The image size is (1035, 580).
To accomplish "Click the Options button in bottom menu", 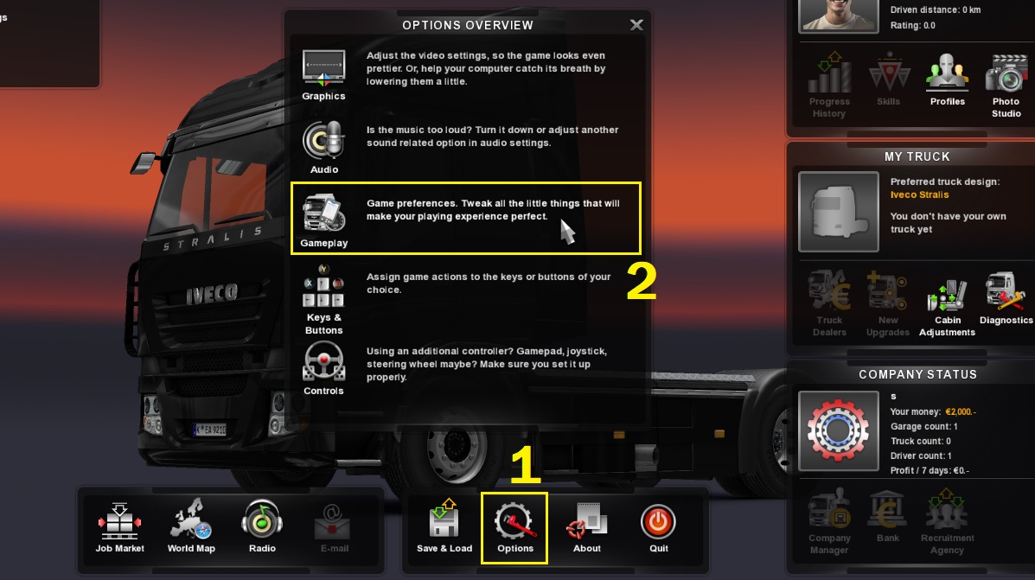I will pos(515,524).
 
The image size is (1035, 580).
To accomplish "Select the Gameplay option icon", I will pos(323,214).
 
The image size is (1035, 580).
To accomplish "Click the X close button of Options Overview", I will pos(636,25).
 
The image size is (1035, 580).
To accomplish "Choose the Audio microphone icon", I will pos(323,141).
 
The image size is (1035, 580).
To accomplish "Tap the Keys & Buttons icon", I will pos(323,288).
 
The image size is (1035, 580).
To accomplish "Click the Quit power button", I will pos(658,523).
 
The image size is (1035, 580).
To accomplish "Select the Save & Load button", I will pos(444,523).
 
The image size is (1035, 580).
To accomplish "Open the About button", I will pos(586,523).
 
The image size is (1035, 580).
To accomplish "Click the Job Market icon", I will pos(119,523).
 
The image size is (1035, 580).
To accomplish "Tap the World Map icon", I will pos(190,523).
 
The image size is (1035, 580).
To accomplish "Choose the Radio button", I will pos(261,523).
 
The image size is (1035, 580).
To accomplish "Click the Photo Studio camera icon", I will pos(1006,75).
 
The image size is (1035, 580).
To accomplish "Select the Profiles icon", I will pos(947,75).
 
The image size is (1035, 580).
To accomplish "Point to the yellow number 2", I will pos(641,280).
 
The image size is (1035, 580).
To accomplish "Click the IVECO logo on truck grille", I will pos(212,294).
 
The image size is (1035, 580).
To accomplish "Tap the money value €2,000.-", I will pos(960,412).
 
